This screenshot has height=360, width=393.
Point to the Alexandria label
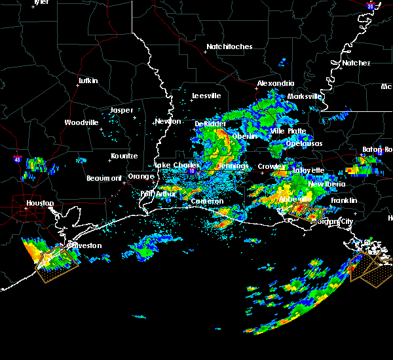[275, 83]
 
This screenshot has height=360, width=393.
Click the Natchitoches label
[229, 46]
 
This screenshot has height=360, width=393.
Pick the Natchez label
[356, 63]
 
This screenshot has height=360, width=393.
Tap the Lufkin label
[88, 81]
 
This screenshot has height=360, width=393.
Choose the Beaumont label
[104, 178]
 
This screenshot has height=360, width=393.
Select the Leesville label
[206, 96]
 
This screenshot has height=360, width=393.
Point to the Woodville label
[81, 122]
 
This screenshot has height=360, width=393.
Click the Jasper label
[121, 110]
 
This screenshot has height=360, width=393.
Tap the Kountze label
[124, 156]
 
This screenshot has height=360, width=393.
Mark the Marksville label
[305, 96]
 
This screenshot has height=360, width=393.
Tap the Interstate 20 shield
[369, 6]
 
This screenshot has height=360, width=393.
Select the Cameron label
[207, 202]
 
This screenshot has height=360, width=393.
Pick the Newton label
[168, 122]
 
